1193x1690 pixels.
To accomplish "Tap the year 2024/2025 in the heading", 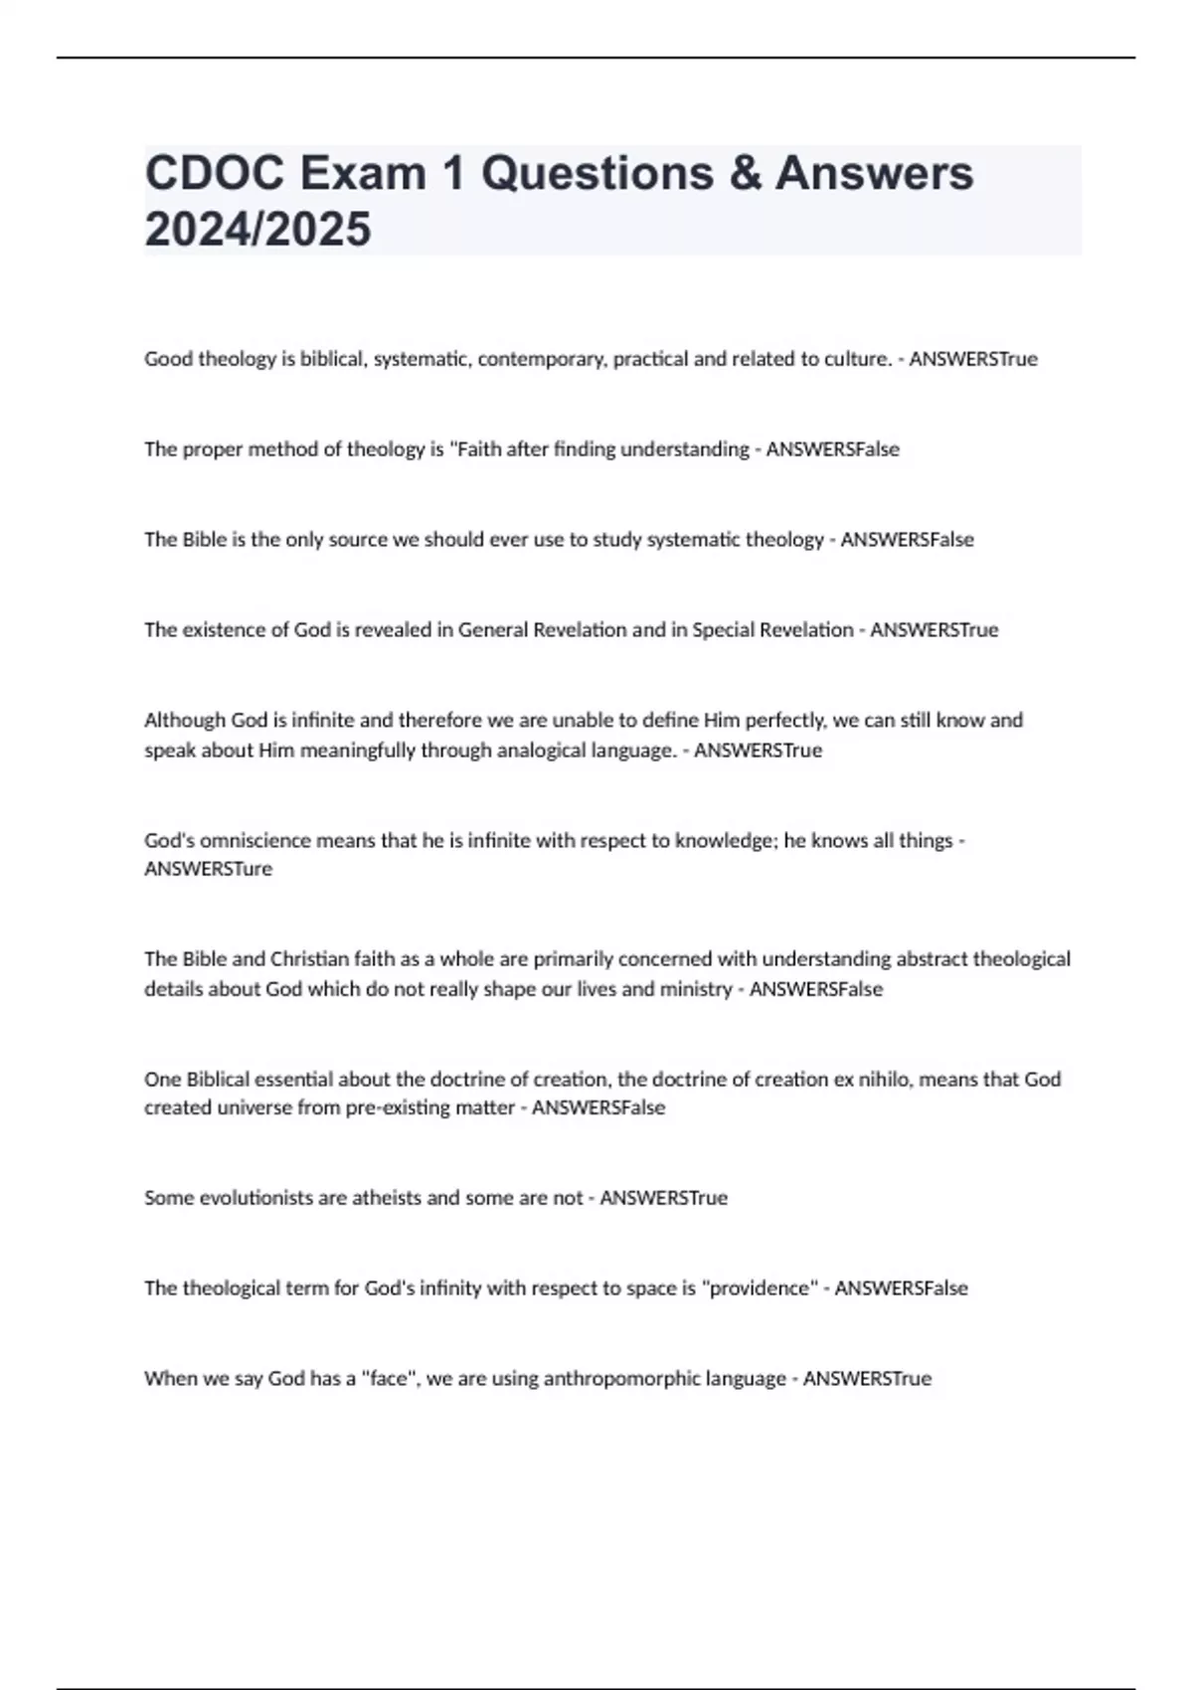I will coord(257,229).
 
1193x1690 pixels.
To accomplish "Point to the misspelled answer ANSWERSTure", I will coord(208,869).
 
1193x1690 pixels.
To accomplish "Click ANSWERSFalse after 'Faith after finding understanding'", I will coord(832,449).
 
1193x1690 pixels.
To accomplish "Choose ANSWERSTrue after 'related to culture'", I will coord(972,359).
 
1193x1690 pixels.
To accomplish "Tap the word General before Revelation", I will coord(493,630).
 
